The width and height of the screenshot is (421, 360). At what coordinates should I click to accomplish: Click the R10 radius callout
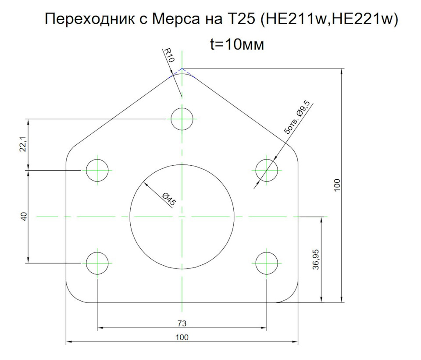(169, 55)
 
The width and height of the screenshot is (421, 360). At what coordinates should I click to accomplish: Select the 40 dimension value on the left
(24, 216)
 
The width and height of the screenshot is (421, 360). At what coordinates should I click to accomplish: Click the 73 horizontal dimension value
(182, 324)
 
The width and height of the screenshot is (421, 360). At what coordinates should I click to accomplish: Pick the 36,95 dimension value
(316, 259)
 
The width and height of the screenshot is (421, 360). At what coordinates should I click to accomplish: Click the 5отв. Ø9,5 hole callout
(297, 117)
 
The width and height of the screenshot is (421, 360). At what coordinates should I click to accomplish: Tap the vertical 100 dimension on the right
(337, 185)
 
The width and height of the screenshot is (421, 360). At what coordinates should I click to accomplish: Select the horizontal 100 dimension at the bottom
(182, 337)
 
